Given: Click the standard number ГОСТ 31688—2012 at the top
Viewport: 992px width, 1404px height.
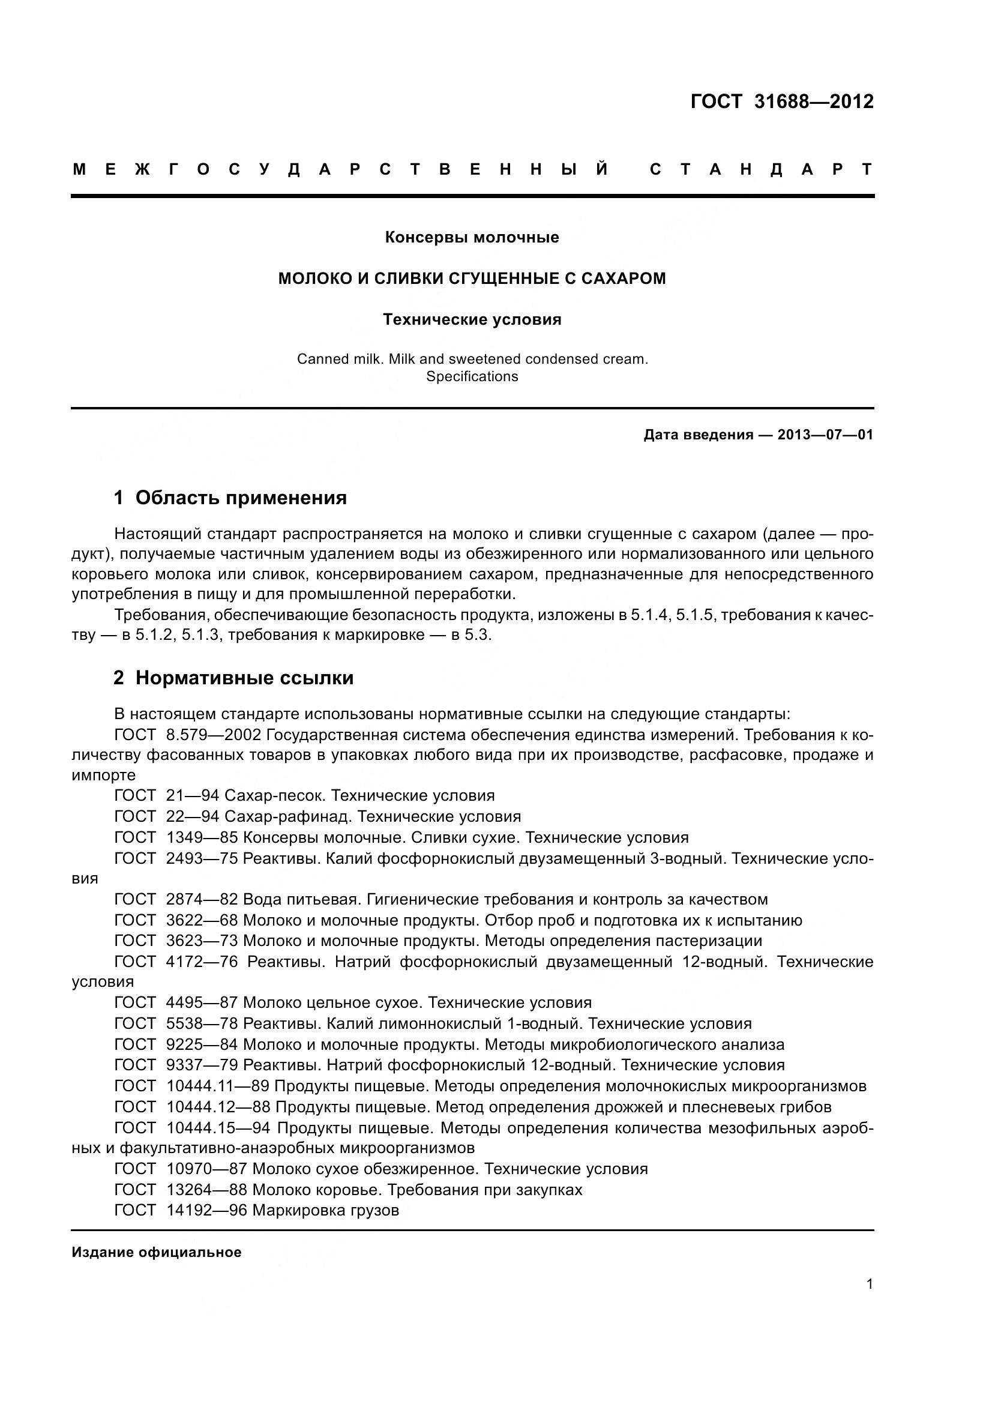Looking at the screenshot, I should [x=782, y=101].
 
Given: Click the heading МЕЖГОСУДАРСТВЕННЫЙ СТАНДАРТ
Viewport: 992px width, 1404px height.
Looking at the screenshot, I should [x=472, y=169].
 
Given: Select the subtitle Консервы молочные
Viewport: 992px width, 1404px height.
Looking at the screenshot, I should [x=472, y=237].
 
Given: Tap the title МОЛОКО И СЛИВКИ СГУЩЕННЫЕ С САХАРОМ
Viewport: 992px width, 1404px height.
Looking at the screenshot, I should [x=472, y=279].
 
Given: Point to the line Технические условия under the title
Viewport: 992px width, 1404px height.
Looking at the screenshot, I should [x=472, y=320].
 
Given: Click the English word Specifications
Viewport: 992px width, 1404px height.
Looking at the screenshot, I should [x=472, y=377].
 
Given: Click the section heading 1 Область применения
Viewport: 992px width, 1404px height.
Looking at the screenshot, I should [x=230, y=498].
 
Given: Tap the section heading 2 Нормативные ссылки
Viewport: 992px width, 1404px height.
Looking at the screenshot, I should [x=233, y=678].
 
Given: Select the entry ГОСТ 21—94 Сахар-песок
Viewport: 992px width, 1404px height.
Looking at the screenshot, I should [x=304, y=795].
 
